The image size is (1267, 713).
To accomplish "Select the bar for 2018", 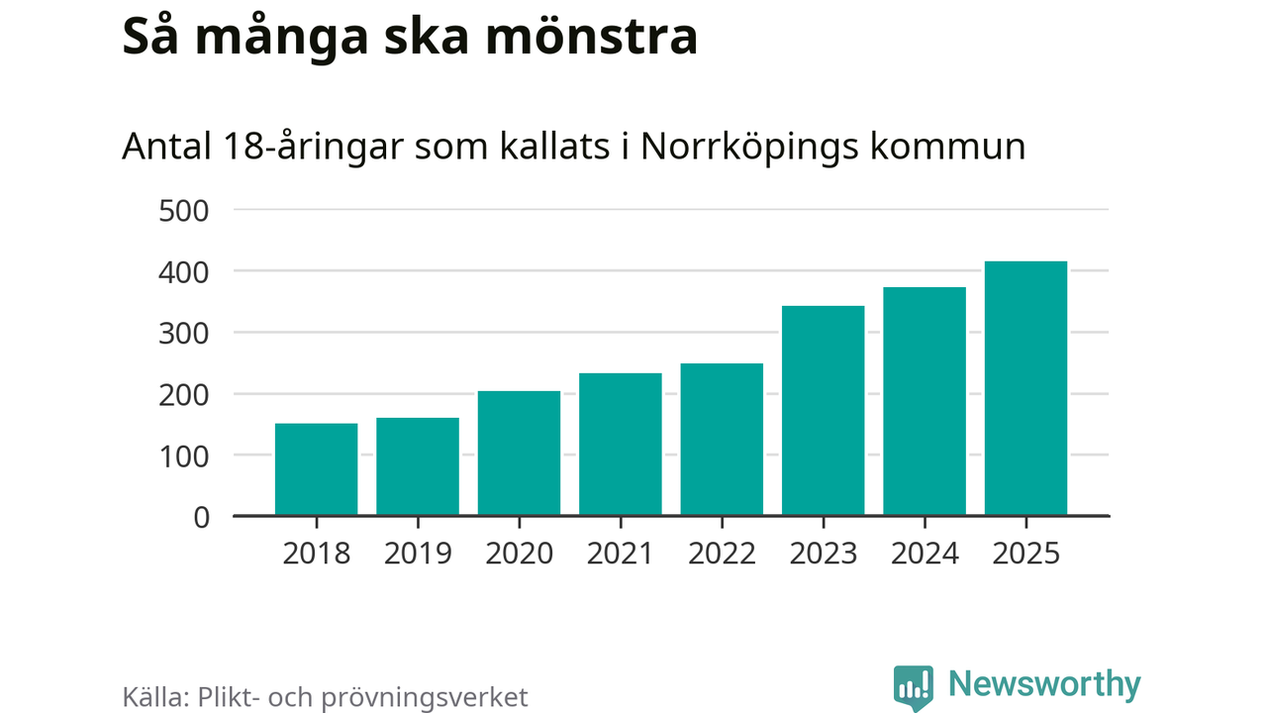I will point(316,469).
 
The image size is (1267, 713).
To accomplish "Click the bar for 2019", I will point(418,466).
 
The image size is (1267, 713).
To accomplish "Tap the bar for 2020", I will point(519,454).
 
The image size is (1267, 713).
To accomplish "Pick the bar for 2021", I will point(621,445).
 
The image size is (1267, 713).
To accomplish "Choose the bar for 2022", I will point(722,440).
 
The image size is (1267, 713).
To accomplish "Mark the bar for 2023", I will point(824,411).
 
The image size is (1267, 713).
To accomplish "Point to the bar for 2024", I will point(925,401).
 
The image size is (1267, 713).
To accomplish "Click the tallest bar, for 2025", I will point(1025,388).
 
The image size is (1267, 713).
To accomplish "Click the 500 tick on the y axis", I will point(183,211).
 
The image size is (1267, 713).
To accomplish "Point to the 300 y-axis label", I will point(183,334).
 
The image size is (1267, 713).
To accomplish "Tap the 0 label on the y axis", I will point(202,517).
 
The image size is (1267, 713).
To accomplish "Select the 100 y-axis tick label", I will point(183,456).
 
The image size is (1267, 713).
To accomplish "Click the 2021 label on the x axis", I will point(621,553).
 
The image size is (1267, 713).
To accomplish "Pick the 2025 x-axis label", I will point(1025,553).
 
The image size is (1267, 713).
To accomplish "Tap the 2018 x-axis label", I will point(316,553).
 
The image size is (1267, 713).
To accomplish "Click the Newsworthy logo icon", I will point(914,686).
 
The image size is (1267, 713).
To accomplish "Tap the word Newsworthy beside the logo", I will point(1044,684).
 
